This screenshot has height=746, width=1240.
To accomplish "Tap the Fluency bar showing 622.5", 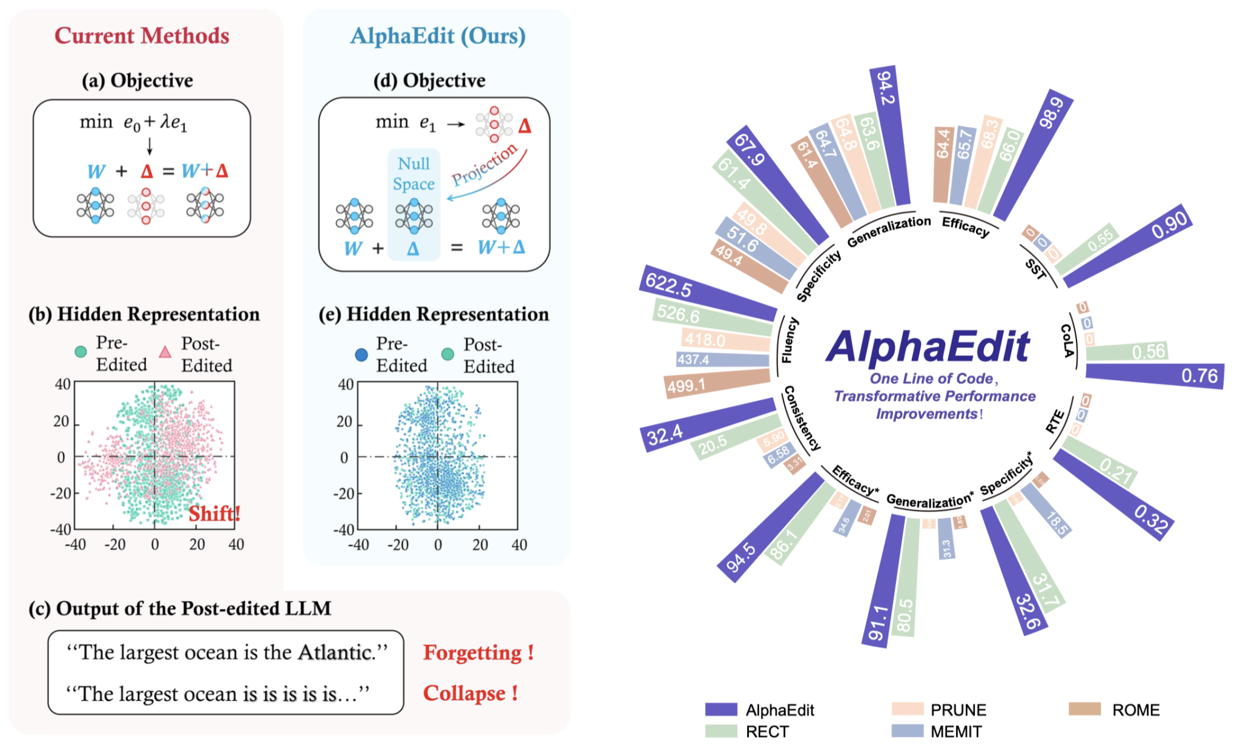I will coord(708,293).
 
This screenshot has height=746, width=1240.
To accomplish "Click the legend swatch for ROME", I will coord(1084,709).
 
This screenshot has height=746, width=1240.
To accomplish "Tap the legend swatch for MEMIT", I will coord(907,731).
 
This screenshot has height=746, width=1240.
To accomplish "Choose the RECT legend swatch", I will coord(721,731).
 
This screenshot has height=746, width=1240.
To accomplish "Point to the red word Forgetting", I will coord(472,653).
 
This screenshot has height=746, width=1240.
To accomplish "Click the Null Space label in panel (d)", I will coord(414,174).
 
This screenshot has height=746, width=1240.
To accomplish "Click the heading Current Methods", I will coord(142,36).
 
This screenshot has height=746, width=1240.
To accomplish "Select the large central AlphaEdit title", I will coord(928,347).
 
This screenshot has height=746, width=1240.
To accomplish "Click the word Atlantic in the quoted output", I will coord(335,652).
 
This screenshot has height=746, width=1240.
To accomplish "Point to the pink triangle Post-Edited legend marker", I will coord(165,352).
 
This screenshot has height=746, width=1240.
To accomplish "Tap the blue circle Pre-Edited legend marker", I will coord(361,355).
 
